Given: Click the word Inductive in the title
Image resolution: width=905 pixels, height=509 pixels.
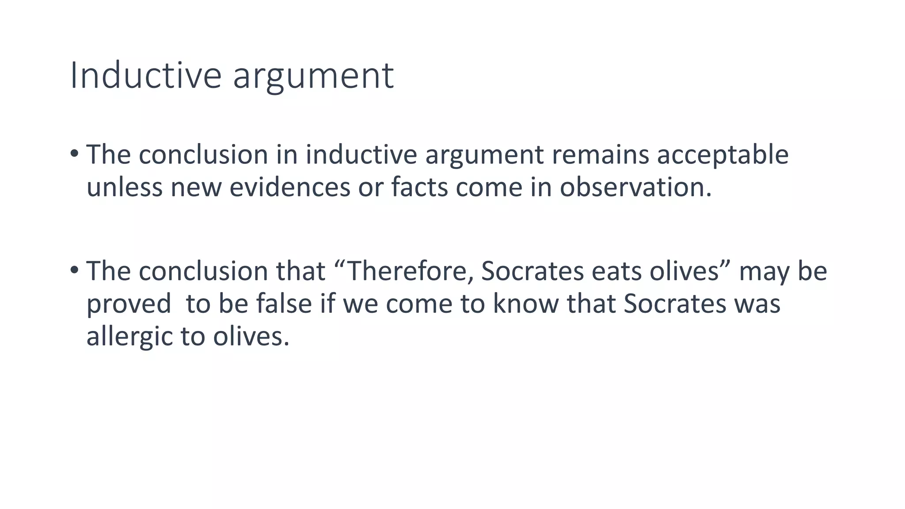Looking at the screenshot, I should pyautogui.click(x=145, y=76).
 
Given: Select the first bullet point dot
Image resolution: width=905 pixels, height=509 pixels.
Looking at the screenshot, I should pyautogui.click(x=74, y=154).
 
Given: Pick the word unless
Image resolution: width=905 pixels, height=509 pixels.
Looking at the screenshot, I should pyautogui.click(x=124, y=187).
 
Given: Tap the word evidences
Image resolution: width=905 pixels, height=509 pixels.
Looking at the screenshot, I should pyautogui.click(x=290, y=187).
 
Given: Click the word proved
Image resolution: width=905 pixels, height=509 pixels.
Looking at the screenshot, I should pyautogui.click(x=129, y=305).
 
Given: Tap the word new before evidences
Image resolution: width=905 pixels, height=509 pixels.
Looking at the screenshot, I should pyautogui.click(x=196, y=187).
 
